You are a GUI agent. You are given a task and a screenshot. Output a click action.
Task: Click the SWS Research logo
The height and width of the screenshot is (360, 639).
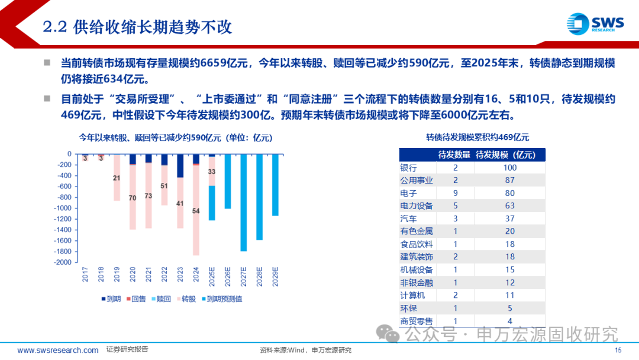pos(595,25)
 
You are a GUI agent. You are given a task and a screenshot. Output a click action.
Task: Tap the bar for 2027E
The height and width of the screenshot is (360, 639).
pos(243,201)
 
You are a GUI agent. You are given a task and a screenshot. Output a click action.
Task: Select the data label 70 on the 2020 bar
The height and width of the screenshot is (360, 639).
pos(133,198)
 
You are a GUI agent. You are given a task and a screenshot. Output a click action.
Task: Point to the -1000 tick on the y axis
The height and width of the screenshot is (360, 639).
pos(63,208)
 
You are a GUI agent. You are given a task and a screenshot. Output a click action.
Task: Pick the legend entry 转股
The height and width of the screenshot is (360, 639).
pos(186,299)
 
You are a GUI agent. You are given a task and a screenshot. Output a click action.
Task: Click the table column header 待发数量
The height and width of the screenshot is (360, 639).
pos(454,155)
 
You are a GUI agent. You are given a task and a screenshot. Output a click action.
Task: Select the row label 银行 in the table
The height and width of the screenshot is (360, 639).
pos(409,168)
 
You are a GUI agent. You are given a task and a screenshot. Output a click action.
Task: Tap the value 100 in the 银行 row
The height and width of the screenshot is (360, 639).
pos(509,168)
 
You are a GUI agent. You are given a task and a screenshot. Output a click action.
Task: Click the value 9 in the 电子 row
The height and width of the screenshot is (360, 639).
pos(455,193)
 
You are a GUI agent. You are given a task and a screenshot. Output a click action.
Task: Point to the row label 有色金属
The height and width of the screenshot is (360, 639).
pos(417,231)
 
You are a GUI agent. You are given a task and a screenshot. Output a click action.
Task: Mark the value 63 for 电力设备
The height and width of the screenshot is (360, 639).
pos(509,205)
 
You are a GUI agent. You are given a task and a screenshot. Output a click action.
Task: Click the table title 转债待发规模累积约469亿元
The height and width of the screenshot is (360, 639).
pos(477,137)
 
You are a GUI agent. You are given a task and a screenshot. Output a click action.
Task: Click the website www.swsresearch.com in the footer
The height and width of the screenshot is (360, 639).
pos(58,350)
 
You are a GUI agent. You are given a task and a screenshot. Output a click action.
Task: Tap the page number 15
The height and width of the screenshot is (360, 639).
pos(618,351)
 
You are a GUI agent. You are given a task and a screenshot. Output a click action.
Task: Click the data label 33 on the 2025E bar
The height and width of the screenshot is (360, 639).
pos(212,172)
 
